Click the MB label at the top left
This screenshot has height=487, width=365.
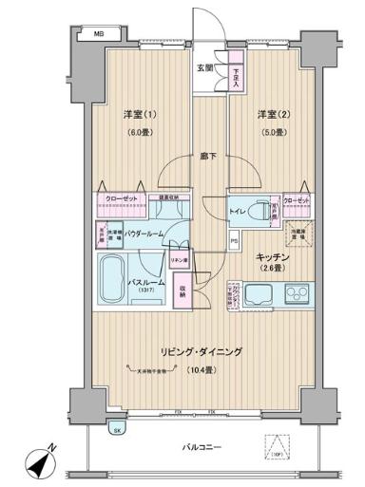(x=98, y=35)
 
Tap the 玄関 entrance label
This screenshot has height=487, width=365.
(x=204, y=67)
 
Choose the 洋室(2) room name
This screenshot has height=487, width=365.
(x=270, y=116)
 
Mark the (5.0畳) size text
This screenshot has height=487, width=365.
(x=270, y=134)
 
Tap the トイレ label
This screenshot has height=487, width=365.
(x=238, y=214)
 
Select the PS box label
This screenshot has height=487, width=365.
(x=234, y=241)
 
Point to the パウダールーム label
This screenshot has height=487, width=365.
(x=143, y=232)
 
